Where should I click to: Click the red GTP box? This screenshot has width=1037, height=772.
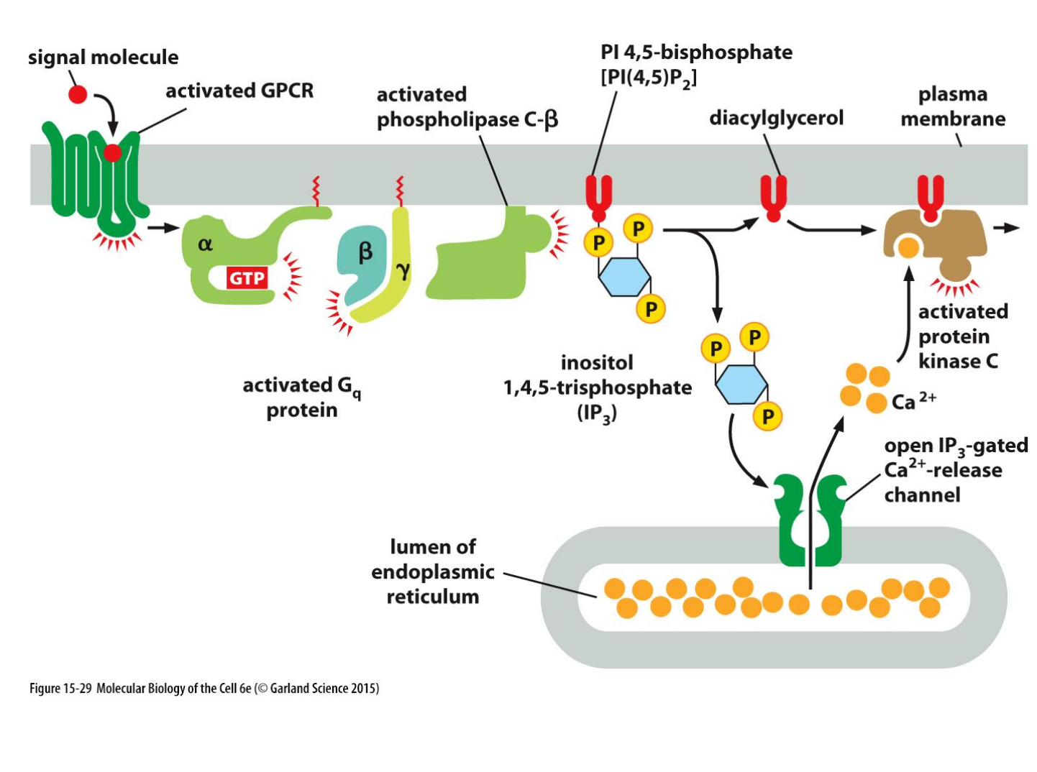247,277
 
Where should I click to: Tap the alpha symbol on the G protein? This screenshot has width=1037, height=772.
205,244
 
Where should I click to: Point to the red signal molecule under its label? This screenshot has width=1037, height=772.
78,94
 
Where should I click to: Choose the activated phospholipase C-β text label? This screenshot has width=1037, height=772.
467,107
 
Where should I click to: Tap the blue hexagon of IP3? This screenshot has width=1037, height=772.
741,384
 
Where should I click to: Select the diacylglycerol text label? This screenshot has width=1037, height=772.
776,118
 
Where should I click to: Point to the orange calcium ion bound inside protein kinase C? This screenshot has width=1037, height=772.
908,247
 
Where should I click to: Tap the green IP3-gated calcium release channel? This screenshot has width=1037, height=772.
810,518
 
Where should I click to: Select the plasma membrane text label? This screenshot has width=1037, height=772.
953,106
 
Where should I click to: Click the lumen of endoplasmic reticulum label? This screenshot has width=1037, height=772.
433,571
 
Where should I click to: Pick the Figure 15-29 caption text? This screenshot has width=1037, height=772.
204,688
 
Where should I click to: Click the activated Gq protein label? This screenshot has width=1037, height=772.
302,397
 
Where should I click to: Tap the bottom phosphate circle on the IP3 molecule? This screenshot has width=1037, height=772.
768,416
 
